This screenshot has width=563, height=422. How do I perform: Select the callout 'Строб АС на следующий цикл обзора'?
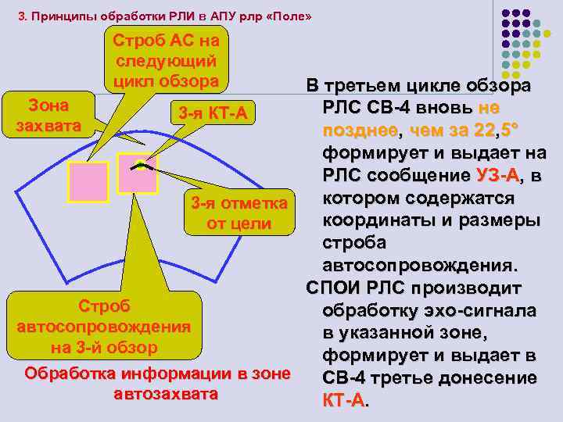coord(166,60)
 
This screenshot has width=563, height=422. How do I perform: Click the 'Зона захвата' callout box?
coord(48,116)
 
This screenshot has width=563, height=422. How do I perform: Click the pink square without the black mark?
coord(88,181)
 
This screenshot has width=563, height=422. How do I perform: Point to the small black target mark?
coord(139,166)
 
